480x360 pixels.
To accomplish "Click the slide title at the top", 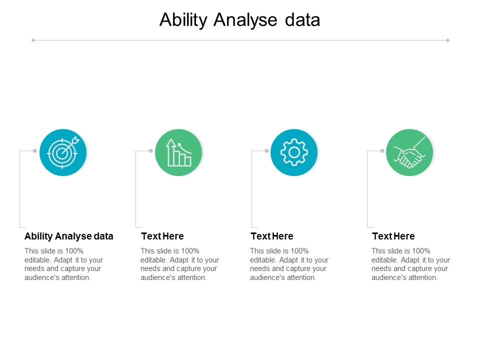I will click(239, 20).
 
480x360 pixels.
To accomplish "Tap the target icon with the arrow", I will click(63, 152).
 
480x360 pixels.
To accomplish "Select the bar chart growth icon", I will click(178, 152).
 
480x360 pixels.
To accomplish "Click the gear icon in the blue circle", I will click(294, 152).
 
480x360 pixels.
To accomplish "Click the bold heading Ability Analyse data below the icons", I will click(69, 236).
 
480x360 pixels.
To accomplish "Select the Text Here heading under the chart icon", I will click(162, 236).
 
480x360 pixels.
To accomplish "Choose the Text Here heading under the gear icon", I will click(271, 236).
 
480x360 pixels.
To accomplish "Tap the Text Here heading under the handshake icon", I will click(393, 236).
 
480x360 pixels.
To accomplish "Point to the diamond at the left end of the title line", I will click(33, 40).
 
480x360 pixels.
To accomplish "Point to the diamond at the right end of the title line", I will click(447, 40).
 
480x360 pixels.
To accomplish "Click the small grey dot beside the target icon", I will click(34, 150).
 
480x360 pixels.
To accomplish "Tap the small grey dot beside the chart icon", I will click(150, 150).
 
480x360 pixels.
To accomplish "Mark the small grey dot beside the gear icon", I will click(266, 150).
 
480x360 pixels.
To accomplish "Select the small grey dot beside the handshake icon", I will click(382, 150).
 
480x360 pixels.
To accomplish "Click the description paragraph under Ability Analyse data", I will click(63, 264).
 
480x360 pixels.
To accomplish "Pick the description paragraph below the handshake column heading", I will click(410, 264).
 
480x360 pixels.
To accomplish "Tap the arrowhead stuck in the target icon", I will click(75, 139).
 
